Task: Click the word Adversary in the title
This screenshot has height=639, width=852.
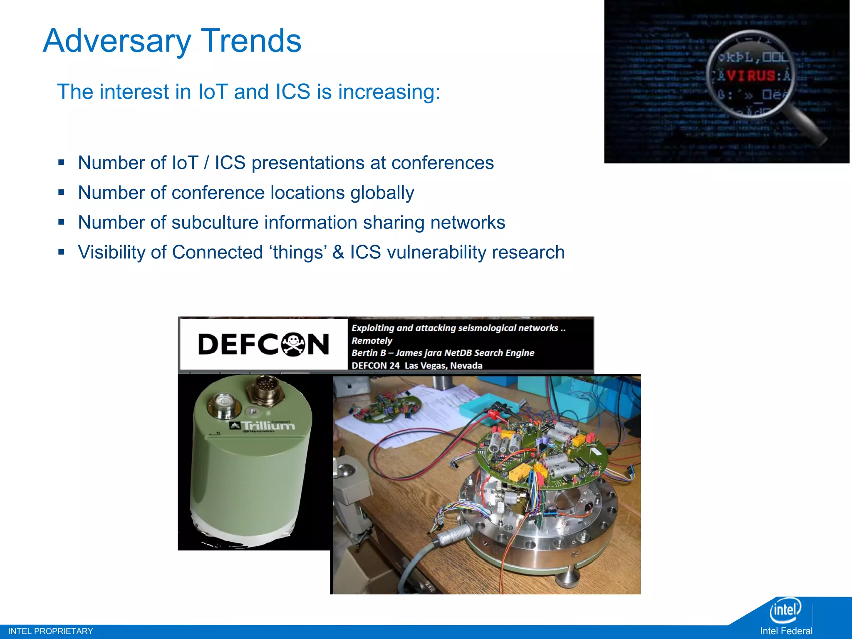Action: [117, 41]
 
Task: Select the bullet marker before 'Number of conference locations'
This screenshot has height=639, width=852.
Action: [62, 193]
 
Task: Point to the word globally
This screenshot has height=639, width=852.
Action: [382, 193]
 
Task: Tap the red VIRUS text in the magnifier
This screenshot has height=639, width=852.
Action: [751, 76]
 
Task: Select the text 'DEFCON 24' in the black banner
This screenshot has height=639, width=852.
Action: [375, 365]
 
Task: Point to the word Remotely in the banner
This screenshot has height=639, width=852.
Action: [372, 340]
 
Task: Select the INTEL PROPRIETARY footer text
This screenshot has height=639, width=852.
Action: [51, 631]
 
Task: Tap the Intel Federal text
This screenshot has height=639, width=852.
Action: [786, 631]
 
